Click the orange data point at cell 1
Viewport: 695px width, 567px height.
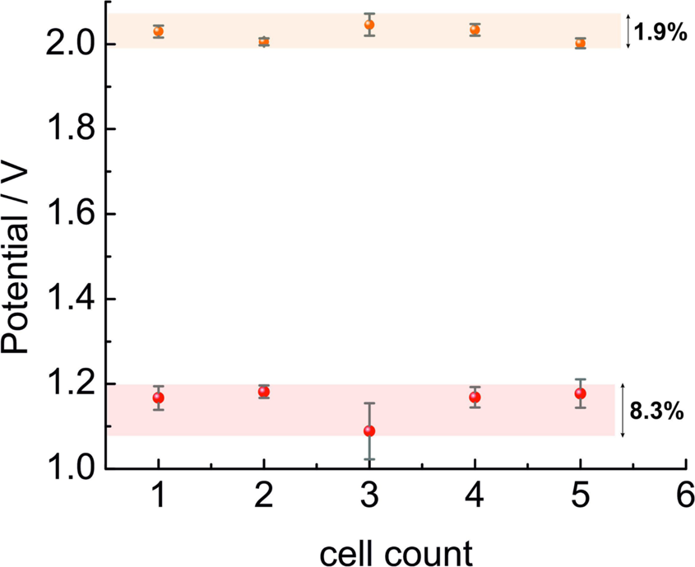(x=158, y=32)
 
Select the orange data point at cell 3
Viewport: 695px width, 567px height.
(x=369, y=25)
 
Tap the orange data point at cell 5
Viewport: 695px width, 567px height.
(x=581, y=43)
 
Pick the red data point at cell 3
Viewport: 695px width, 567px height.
(x=369, y=430)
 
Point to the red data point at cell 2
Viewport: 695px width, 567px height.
(x=264, y=392)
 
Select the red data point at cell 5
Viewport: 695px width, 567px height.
(x=581, y=393)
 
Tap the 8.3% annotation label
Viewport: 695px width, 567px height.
(x=657, y=411)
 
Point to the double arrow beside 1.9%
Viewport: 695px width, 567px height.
(x=629, y=32)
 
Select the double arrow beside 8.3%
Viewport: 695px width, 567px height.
(x=623, y=411)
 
